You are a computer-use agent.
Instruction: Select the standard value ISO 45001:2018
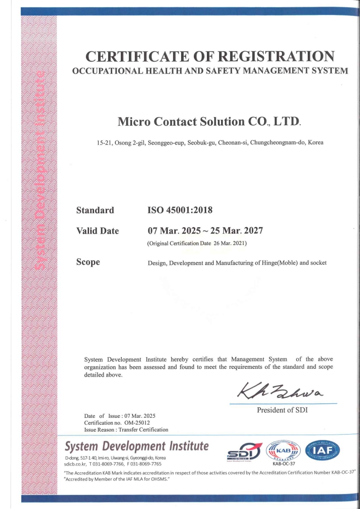(180, 210)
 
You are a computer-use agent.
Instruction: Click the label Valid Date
(98, 231)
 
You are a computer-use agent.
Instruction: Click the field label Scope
(88, 262)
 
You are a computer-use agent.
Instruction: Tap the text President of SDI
(283, 410)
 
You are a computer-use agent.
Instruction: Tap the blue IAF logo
(323, 450)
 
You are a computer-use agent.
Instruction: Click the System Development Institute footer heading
(137, 446)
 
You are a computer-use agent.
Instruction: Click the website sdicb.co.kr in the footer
(75, 464)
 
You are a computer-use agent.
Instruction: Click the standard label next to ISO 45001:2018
(95, 210)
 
